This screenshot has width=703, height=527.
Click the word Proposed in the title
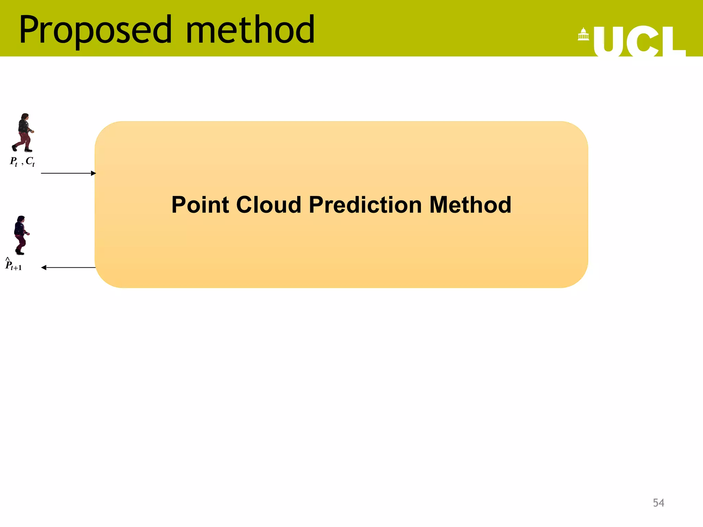(95, 30)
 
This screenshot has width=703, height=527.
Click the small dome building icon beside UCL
(583, 34)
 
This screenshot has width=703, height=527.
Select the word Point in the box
(200, 205)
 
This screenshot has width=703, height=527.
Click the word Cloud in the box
(269, 205)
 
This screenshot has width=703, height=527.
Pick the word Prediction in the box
(365, 205)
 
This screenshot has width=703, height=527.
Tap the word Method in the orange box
(470, 205)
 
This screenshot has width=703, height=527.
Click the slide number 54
(658, 503)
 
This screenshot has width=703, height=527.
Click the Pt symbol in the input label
(14, 161)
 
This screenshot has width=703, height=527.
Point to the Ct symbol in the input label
(30, 161)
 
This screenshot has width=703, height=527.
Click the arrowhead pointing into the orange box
(93, 173)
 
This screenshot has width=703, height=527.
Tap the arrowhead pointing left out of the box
(44, 268)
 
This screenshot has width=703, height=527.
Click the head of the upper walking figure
(24, 117)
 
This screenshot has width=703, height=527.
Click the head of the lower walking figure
(21, 219)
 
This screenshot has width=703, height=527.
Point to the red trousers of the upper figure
(24, 139)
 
